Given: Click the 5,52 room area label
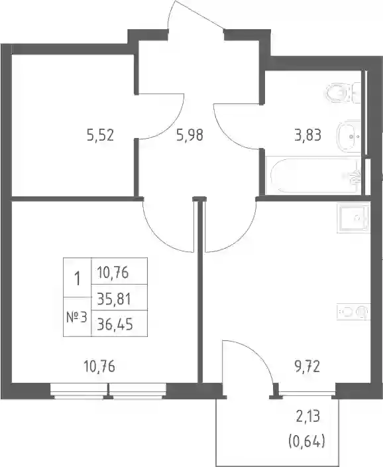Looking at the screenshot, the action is pyautogui.click(x=100, y=136).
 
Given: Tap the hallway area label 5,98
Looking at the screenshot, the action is pyautogui.click(x=190, y=136).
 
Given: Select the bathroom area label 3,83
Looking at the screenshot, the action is pyautogui.click(x=308, y=136).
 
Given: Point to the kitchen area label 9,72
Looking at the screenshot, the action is pyautogui.click(x=306, y=367).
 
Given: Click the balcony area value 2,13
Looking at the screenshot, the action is pyautogui.click(x=307, y=416).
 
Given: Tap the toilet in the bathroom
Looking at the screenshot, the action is pyautogui.click(x=342, y=93).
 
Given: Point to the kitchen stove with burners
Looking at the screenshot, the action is pyautogui.click(x=354, y=312).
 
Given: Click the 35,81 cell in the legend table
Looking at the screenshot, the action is pyautogui.click(x=114, y=299).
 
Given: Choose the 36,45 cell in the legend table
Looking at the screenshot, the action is pyautogui.click(x=115, y=324).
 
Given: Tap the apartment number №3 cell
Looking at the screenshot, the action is pyautogui.click(x=77, y=318).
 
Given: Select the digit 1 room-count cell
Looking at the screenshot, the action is pyautogui.click(x=77, y=278).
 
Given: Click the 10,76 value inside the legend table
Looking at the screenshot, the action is pyautogui.click(x=113, y=273).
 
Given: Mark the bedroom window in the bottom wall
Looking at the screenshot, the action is pyautogui.click(x=108, y=391).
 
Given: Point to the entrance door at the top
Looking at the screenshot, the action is pyautogui.click(x=195, y=15).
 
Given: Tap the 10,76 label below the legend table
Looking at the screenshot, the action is pyautogui.click(x=99, y=367).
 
